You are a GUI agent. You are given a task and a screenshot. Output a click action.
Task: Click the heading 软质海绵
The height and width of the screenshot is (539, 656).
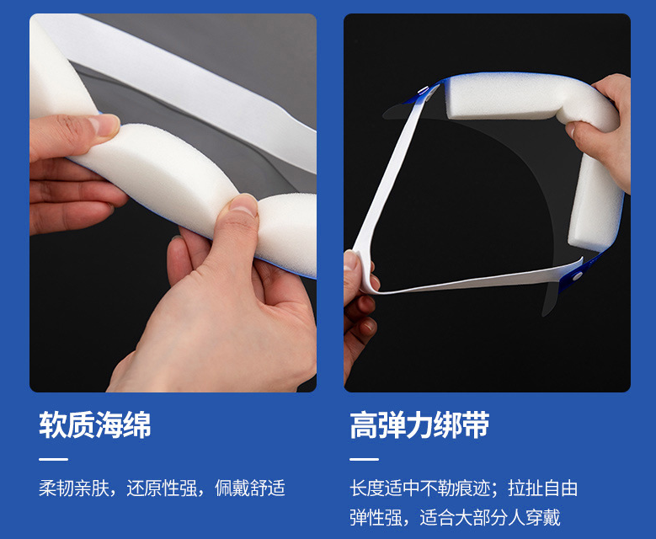point(95,425)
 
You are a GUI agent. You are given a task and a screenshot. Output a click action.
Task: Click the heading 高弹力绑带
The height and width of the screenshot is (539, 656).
point(419,425)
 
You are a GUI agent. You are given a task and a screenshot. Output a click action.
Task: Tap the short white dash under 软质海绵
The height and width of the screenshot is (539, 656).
point(54,459)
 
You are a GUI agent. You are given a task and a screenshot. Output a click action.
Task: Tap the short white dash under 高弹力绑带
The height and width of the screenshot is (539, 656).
point(364,459)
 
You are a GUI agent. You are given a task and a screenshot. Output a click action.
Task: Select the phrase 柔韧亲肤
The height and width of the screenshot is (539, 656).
point(73,488)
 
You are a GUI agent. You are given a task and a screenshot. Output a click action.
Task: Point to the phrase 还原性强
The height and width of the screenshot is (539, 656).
point(162,488)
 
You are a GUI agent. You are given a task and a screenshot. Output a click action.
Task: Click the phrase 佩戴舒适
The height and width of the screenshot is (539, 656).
point(250,488)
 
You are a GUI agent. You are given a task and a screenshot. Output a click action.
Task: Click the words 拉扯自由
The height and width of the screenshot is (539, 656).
point(543,488)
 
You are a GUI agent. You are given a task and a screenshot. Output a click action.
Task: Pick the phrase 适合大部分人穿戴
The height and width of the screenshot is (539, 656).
point(490,518)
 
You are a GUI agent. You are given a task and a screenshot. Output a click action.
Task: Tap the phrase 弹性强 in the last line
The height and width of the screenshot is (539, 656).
point(376,518)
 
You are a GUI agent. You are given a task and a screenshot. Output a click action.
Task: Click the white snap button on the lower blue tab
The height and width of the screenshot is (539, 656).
point(578,275)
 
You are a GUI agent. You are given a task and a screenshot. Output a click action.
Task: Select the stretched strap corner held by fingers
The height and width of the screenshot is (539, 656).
point(363,272)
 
